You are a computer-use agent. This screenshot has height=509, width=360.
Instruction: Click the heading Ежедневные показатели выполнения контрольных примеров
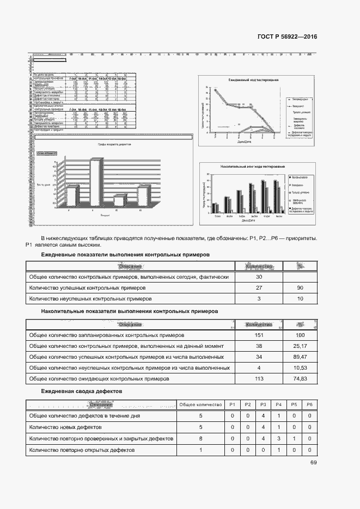point(125,255)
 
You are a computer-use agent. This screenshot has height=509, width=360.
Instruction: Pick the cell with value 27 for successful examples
point(259,287)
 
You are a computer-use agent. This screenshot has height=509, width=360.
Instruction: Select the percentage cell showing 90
point(300,287)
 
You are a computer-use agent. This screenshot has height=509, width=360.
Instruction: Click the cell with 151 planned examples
point(259,335)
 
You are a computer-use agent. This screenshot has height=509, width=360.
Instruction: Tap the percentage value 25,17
point(300,346)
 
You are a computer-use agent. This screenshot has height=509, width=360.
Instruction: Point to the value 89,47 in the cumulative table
point(300,357)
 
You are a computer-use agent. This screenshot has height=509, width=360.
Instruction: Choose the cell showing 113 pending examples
point(259,379)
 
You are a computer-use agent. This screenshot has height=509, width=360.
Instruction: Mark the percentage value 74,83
point(300,379)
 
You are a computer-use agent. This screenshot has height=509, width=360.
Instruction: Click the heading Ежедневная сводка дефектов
point(82,391)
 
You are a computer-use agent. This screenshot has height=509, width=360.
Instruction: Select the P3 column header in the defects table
point(263,404)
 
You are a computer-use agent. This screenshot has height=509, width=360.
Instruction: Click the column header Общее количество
point(200,404)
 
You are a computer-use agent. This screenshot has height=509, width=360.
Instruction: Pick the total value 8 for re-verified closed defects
point(200,439)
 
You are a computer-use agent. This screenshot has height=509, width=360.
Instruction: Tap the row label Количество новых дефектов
point(64,427)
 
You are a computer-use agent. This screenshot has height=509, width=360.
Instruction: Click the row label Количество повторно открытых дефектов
point(82,450)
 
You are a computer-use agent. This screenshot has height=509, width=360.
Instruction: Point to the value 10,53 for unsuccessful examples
point(300,368)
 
